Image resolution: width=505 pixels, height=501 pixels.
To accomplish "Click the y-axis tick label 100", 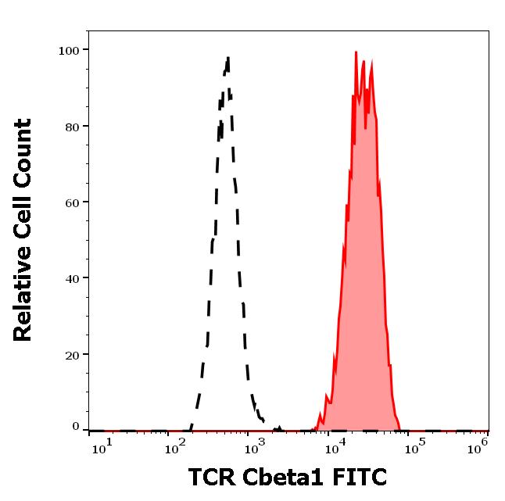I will [69, 50].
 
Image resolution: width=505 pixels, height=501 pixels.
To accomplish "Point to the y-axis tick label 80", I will [72, 126].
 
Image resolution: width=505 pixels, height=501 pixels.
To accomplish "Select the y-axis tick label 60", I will [72, 202].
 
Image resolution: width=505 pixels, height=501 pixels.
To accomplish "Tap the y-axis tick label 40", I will [72, 277].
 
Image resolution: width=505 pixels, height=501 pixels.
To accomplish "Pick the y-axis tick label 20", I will [72, 354].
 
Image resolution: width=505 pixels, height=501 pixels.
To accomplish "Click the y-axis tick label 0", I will [76, 427].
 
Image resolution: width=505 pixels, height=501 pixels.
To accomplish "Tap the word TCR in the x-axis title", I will [212, 477].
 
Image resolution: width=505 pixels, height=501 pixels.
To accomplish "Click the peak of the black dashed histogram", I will [227, 57].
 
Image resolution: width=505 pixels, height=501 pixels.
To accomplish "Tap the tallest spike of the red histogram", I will [356, 53].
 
